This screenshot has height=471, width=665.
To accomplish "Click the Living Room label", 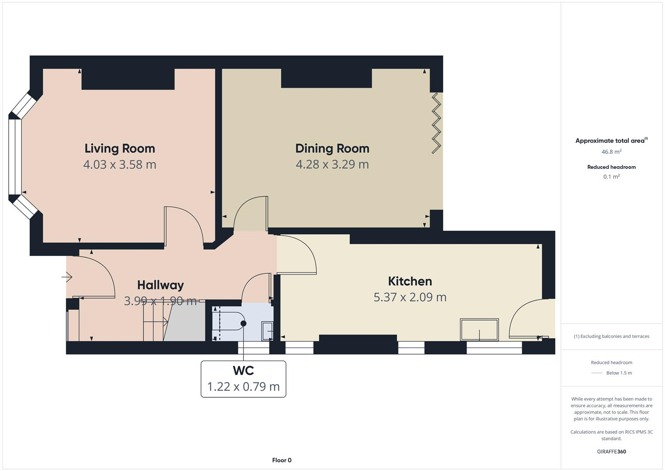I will coord(120,148).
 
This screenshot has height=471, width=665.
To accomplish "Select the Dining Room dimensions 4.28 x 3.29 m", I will coord(332,164).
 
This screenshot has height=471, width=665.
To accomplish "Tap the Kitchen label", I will coord(410,281).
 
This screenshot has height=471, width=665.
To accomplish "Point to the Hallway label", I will coord(160,285).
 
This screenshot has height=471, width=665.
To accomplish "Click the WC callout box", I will coord(243,379).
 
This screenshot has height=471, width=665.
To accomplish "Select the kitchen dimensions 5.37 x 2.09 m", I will coord(410,297).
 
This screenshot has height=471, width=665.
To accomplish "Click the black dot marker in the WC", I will coord(243,323).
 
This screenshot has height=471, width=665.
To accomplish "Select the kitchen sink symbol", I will coord(479,329).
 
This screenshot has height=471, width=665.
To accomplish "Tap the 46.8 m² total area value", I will coord(611,152).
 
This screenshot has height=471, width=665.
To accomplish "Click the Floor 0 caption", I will coord(281,460).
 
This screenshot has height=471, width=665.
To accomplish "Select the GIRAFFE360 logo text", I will coord(611,451).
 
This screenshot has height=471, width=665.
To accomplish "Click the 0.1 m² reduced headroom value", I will coord(611,177).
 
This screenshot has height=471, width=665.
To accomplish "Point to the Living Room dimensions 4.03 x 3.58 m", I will coord(120,164).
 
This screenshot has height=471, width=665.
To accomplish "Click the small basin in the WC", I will coord(267,330).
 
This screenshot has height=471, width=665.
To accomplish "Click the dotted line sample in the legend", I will coord(597,373).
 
